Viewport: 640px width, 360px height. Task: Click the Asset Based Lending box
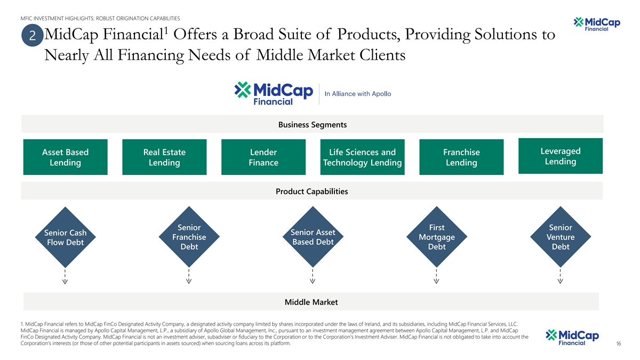65,157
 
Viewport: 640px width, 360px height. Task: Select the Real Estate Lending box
164,157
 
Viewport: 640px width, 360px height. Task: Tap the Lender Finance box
263,157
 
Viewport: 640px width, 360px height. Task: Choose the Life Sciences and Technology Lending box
362,157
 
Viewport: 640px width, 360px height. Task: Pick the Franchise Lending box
461,157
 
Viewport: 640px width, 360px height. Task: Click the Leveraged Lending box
561,156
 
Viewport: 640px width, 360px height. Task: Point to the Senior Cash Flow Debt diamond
65,238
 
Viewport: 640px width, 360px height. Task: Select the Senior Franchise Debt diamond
189,237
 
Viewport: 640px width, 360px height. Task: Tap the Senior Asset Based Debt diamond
313,237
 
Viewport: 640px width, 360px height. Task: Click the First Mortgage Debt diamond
437,237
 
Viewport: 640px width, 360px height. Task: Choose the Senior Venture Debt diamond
561,237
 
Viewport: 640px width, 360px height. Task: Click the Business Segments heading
312,125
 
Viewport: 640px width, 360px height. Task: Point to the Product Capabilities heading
311,191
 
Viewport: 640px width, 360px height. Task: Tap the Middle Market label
311,302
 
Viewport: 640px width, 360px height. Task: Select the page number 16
618,344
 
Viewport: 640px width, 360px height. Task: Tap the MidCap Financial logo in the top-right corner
594,24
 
